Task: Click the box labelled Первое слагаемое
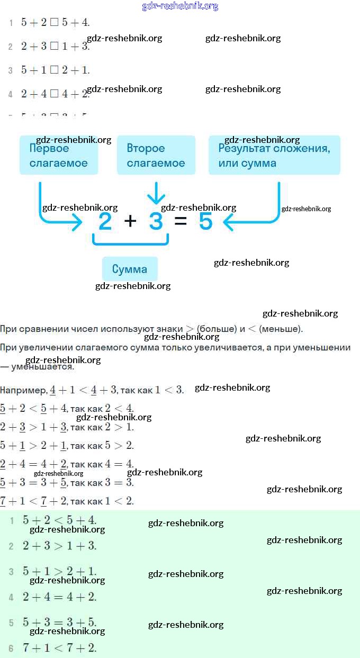[59, 156]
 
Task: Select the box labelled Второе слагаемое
[156, 156]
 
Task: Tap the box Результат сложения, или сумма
[274, 156]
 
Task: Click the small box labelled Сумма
[130, 269]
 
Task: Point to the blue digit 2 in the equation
[105, 222]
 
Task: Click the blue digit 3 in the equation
[156, 222]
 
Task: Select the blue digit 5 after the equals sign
[205, 222]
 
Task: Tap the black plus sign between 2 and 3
[130, 222]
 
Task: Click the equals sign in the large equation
[181, 222]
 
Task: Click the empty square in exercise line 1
[54, 23]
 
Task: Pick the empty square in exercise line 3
[54, 70]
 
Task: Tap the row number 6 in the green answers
[11, 647]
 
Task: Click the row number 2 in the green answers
[11, 546]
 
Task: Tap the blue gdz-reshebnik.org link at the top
[181, 6]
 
